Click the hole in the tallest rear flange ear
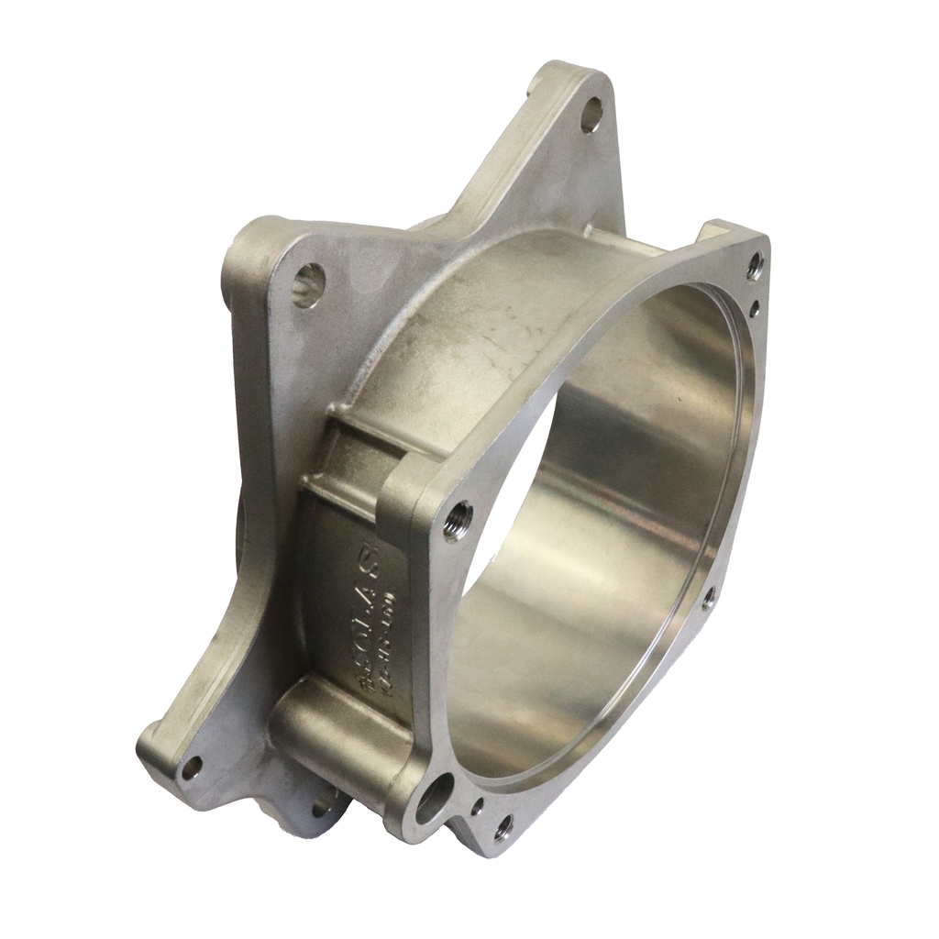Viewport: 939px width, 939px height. point(592,114)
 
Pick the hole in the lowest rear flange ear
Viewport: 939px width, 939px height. point(191,767)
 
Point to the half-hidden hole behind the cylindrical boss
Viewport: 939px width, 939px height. point(323,809)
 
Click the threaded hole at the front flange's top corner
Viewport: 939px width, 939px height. point(755,266)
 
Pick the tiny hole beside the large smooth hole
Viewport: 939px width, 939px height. point(478,808)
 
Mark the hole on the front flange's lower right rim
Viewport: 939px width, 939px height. point(708,599)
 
